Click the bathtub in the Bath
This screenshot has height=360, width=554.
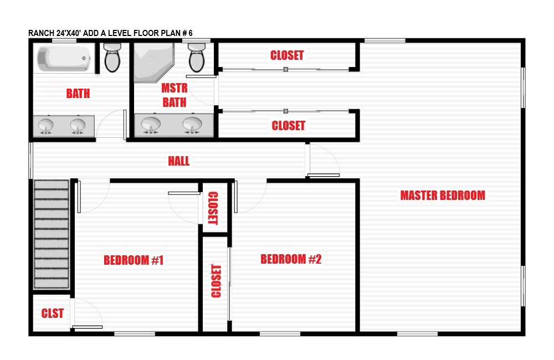(x=64, y=59)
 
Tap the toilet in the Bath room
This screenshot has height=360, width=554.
(x=112, y=58)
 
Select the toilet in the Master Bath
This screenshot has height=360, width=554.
(x=197, y=58)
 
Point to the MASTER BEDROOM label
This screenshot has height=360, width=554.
(x=443, y=196)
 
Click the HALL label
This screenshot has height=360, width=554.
(x=179, y=161)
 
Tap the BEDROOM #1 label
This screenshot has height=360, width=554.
(x=134, y=260)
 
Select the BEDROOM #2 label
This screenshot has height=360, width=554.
(x=291, y=259)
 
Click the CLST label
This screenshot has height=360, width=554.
(x=52, y=313)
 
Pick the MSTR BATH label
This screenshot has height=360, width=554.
(x=175, y=95)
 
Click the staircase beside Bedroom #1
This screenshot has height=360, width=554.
(x=51, y=234)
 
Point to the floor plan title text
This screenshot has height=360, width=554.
(x=110, y=33)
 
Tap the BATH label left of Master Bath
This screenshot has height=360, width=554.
(x=78, y=94)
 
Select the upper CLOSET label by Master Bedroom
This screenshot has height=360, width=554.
(x=287, y=55)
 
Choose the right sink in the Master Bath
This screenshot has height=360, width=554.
(x=192, y=125)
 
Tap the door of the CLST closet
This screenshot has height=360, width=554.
(x=87, y=313)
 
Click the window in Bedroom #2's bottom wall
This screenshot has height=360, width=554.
(x=280, y=333)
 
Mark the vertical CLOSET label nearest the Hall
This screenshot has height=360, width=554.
(x=213, y=208)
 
